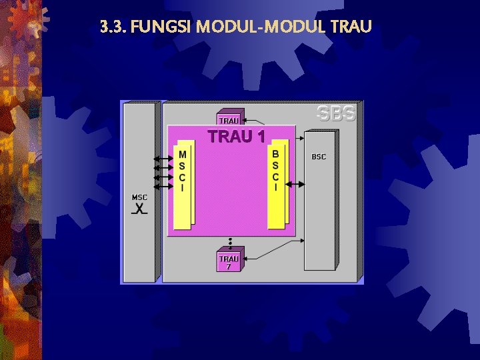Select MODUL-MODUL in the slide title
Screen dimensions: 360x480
(259, 27)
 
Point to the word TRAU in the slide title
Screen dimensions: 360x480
(351, 27)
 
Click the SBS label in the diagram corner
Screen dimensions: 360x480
(337, 113)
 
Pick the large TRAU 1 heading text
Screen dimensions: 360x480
(237, 137)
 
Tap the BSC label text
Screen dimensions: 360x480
(319, 157)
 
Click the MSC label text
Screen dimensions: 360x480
(139, 197)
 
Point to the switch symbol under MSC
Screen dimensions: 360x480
(139, 209)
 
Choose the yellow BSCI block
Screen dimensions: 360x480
(277, 187)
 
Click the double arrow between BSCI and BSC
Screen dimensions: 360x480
(297, 184)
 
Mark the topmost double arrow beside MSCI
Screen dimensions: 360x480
(163, 159)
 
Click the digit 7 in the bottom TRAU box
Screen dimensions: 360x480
(229, 266)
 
